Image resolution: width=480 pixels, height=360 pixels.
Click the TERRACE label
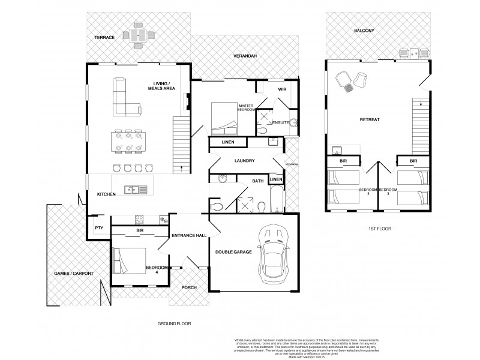[104, 37]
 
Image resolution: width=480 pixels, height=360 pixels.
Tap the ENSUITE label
[281, 123]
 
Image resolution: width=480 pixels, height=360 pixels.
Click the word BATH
[258, 181]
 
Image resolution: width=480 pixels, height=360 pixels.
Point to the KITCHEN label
[107, 194]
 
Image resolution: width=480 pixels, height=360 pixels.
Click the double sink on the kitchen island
[136, 190]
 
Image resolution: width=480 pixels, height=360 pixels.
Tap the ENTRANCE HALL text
[190, 235]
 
